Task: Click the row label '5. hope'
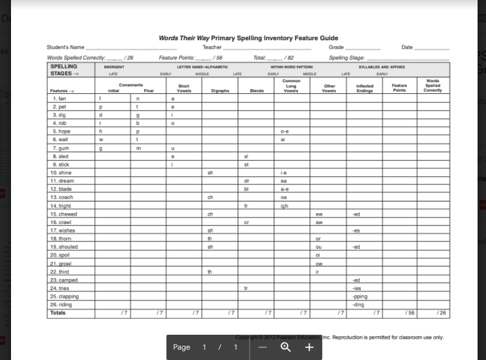62,131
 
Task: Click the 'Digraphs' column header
220,91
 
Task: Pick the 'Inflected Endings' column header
365,88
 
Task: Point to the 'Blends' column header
257,91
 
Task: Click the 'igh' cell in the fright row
284,206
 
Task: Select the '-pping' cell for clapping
359,297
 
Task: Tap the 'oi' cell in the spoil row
318,255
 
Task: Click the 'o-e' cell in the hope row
284,131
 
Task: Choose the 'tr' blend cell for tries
246,288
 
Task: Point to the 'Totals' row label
58,313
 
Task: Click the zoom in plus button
309,347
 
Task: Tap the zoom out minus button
262,347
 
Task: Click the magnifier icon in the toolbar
286,347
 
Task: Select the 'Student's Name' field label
65,47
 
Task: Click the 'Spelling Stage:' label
347,58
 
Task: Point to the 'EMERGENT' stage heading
113,67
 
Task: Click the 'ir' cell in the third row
318,272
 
